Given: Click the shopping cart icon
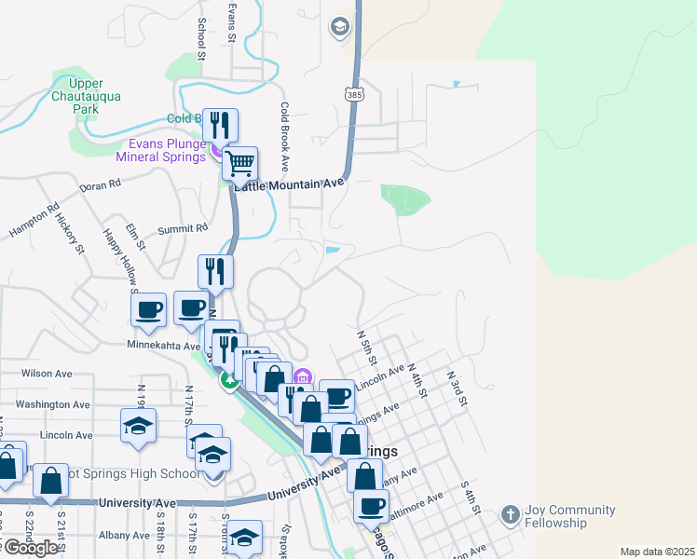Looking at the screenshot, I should point(241,165).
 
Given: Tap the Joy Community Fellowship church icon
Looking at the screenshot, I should point(510,514).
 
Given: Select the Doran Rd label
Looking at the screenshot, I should point(102,185).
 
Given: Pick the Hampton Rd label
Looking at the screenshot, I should point(34,220).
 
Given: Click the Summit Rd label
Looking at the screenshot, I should point(183,227).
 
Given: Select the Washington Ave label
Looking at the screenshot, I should point(53,404).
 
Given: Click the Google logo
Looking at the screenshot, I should point(31,547).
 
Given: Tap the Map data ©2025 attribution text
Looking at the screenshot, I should point(657,552).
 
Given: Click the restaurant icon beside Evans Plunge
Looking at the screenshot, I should point(220,125).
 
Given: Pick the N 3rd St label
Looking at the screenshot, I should point(455,381).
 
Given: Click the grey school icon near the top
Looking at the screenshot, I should point(339,26).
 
